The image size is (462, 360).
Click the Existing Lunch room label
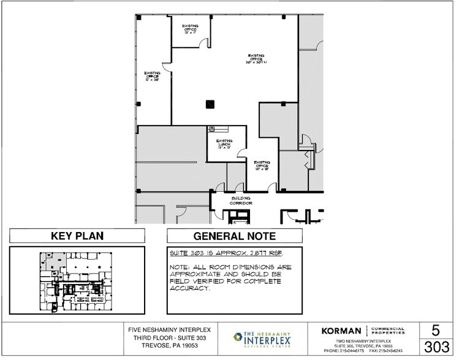click(224, 144)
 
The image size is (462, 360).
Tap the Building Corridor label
click(241, 201)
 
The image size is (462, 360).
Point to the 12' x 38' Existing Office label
click(152, 77)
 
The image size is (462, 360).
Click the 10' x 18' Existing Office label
click(262, 164)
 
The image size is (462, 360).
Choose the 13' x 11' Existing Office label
click(190, 29)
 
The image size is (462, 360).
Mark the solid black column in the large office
click(210, 103)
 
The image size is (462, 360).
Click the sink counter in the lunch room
click(218, 129)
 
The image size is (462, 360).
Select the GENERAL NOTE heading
click(235, 236)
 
